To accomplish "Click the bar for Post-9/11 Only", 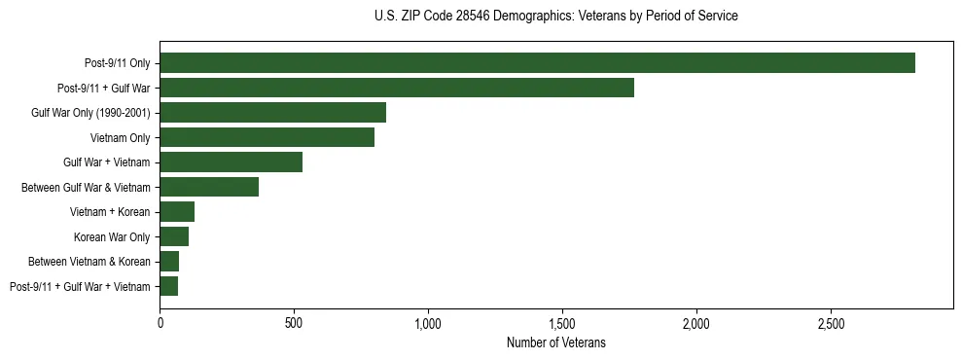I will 537,63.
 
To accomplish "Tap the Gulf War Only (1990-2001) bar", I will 272,113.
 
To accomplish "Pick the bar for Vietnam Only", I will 267,137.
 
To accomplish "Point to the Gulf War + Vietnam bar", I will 231,162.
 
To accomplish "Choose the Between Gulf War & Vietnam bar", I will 209,187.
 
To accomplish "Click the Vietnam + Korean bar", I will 177,212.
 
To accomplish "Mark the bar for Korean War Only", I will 174,236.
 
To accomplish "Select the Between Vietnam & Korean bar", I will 169,262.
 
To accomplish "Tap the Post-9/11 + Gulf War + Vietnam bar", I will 168,286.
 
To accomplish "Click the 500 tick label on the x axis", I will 294,323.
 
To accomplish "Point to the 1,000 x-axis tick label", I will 428,323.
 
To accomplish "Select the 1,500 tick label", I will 562,323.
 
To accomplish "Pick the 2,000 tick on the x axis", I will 696,323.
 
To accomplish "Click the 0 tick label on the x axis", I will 160,323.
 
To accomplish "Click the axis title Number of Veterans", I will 556,342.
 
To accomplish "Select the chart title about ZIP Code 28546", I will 555,17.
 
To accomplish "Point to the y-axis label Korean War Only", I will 112,236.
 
